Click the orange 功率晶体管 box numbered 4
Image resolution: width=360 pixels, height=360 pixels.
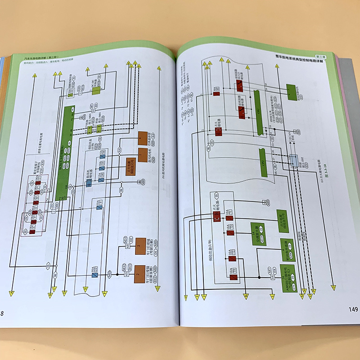[143, 137]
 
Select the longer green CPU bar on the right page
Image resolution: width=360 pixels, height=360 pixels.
[259, 112]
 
